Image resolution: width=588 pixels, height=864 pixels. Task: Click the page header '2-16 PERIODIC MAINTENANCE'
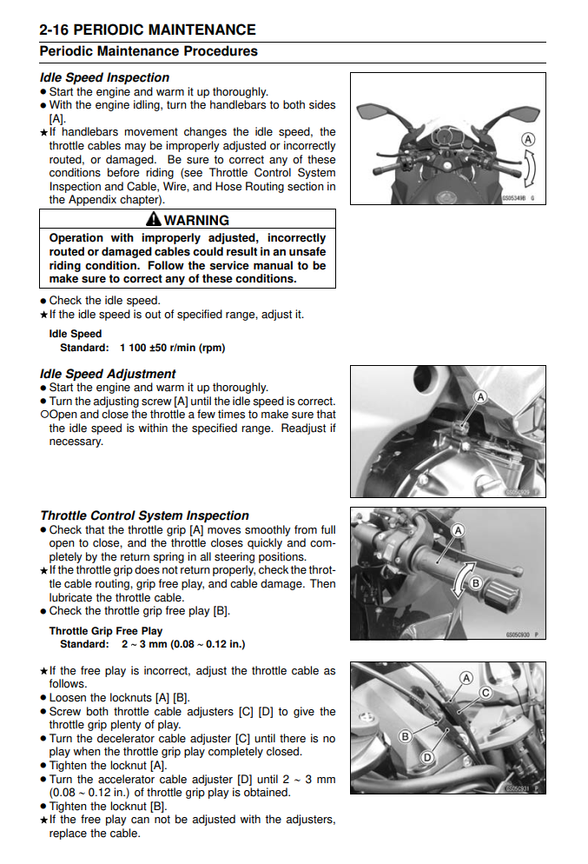point(148,30)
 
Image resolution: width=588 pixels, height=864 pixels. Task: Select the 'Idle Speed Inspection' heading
point(104,77)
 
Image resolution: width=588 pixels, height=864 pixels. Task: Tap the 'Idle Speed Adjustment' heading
point(108,374)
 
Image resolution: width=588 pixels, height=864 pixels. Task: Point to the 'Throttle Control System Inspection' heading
point(144,515)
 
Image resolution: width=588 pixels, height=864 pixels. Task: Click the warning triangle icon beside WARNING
point(154,220)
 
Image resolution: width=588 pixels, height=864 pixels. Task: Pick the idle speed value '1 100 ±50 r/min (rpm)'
point(172,348)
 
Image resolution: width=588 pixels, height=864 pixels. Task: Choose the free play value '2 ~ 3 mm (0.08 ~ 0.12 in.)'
point(183,644)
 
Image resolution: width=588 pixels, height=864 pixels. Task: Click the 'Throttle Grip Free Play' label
point(106,631)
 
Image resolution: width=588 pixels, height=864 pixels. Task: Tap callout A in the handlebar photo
point(527,139)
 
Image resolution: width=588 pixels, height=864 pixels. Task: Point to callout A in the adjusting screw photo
point(480,397)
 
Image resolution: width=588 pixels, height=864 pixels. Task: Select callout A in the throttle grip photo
point(458,530)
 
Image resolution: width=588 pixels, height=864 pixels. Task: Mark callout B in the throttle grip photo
point(475,583)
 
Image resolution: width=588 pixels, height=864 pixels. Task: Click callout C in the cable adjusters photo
point(486,693)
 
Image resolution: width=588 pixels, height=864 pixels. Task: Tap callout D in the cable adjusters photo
point(426,757)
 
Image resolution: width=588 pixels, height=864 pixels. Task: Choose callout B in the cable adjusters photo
point(404,735)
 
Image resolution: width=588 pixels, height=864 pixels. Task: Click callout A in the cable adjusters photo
point(466,678)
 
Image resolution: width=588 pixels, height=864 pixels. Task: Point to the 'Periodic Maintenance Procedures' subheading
point(149,51)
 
